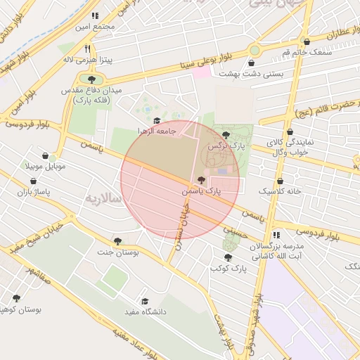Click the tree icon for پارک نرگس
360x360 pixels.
point(225,134)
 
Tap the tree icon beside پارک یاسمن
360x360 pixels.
point(202,180)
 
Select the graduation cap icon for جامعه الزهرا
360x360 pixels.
point(156,120)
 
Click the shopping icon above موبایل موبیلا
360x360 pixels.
point(46,155)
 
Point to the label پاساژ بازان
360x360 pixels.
point(35,191)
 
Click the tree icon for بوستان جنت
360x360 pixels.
point(117,240)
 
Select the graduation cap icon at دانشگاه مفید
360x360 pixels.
point(145,300)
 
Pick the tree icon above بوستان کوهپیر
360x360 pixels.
point(16,298)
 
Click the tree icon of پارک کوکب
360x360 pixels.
point(228,257)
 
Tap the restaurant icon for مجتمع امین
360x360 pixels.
point(95,15)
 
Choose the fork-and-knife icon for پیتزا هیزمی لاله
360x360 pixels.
point(87,49)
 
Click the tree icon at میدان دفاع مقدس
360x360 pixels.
point(91,79)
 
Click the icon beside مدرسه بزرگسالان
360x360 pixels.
point(276,235)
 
